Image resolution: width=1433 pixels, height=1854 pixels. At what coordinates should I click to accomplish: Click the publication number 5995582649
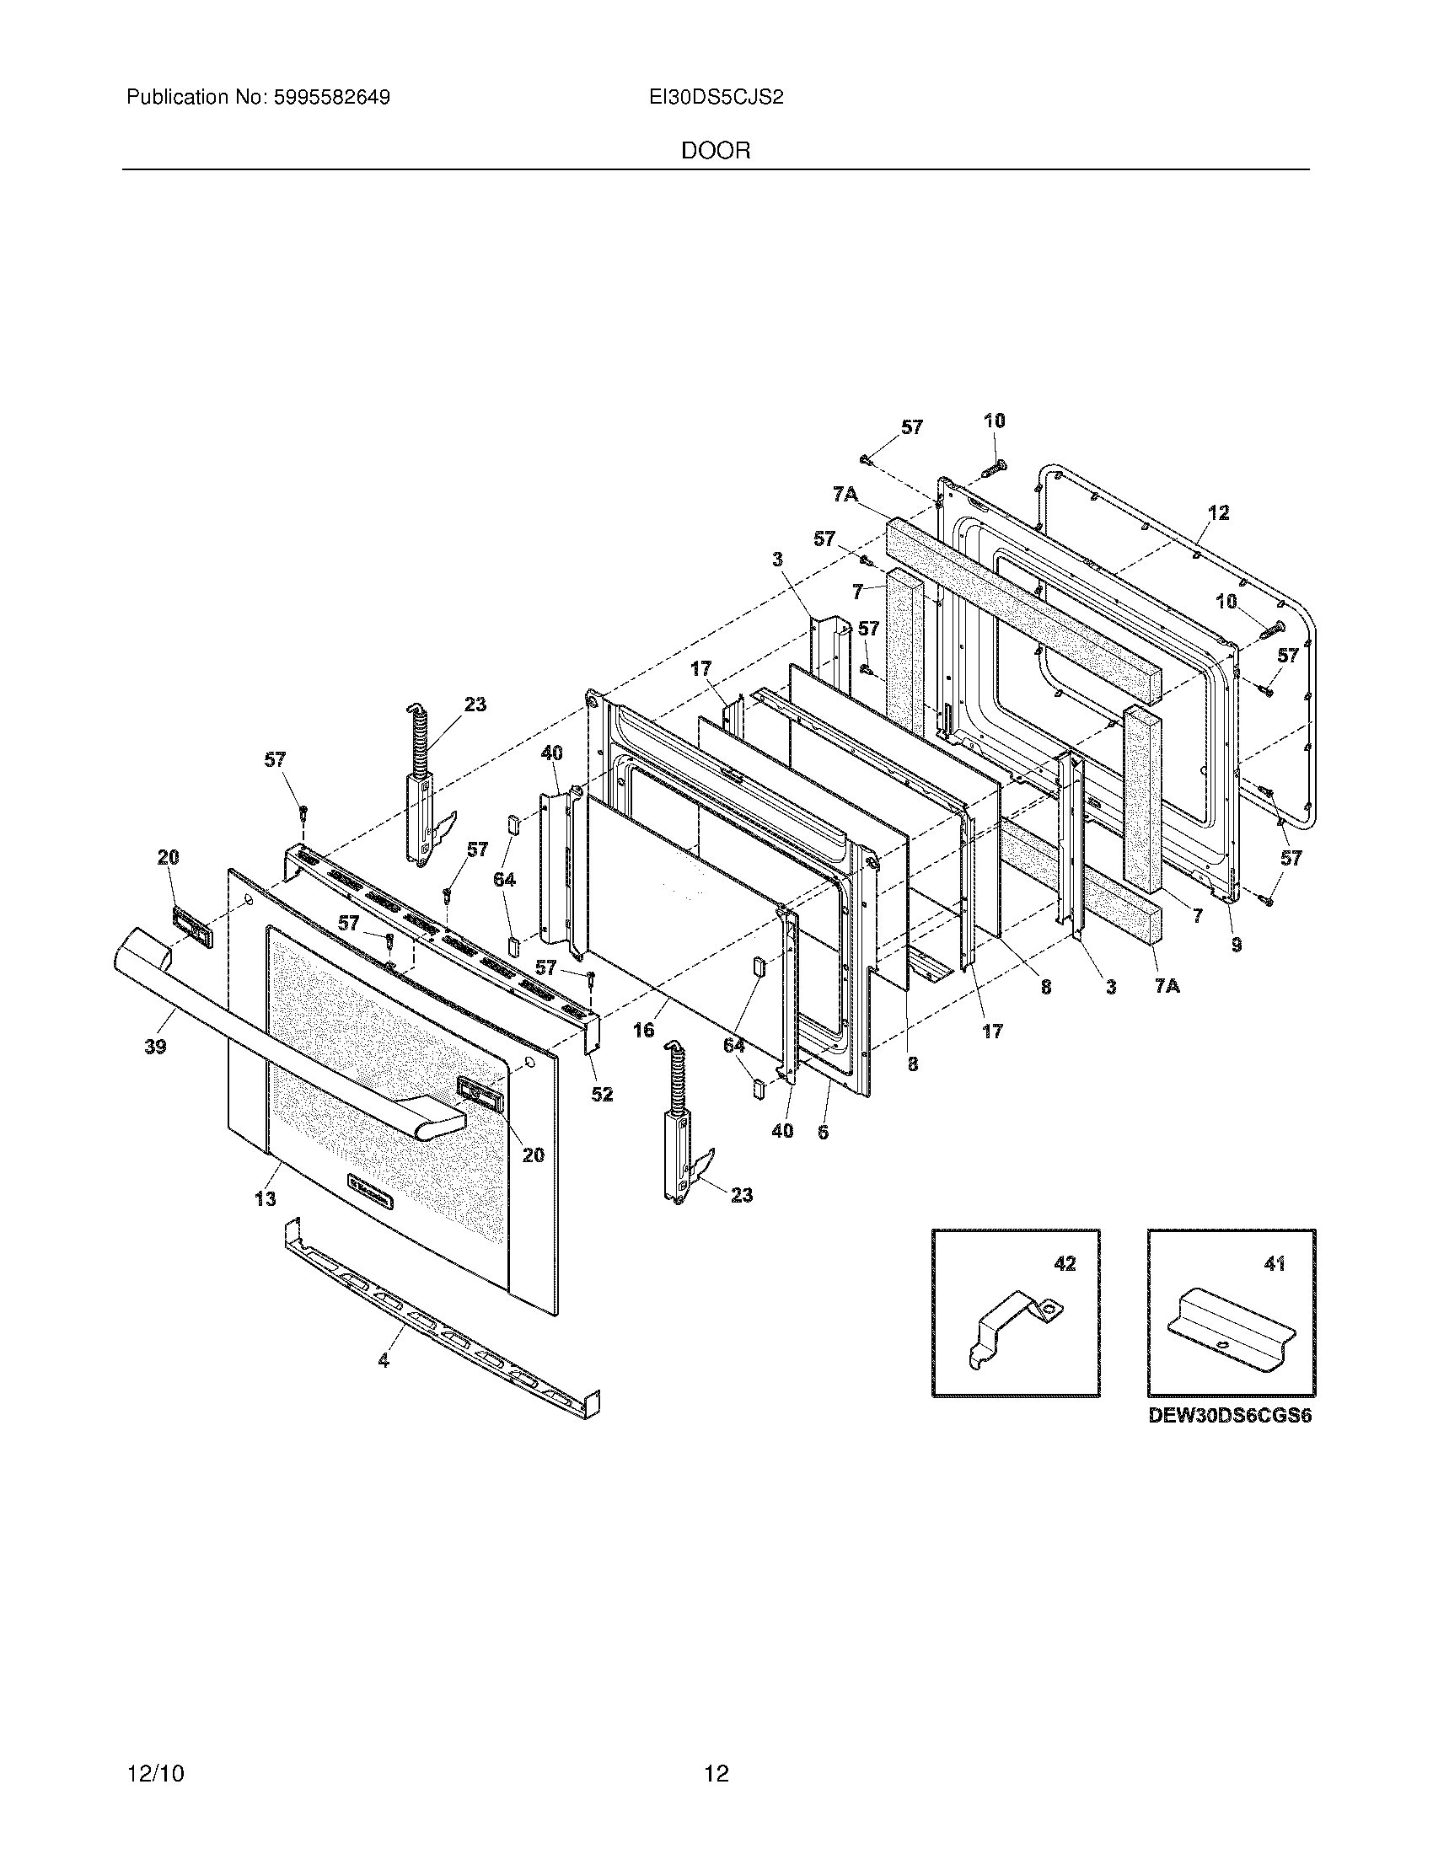pos(331,98)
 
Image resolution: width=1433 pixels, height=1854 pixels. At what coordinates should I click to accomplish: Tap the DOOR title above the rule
pos(716,151)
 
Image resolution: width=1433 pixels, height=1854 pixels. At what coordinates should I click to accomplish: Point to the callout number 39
pos(154,1047)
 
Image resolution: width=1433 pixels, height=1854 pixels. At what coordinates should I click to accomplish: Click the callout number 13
pos(265,1198)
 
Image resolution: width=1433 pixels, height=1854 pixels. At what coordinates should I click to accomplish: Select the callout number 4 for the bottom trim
pos(384,1361)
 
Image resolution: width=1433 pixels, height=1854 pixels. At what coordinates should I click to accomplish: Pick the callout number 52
pos(602,1094)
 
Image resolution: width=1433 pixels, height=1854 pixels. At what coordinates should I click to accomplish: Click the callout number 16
pos(643,1030)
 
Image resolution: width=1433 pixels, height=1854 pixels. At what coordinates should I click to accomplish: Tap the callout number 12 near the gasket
pos(1218,512)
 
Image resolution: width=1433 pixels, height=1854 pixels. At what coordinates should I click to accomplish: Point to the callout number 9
pos(1237,944)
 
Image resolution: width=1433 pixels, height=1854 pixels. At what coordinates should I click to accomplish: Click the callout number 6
pos(823,1132)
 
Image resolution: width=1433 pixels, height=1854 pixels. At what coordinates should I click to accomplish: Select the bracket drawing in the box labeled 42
pos(1014,1326)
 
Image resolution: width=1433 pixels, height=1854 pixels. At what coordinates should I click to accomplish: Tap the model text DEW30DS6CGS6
pos(1230,1416)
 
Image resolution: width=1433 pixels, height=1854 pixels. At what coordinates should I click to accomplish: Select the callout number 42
pos(1065,1264)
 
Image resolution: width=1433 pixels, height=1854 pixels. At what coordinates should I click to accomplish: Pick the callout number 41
pos(1275,1264)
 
